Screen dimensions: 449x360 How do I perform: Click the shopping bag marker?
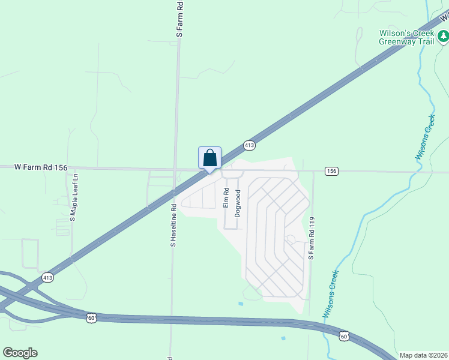click(209, 158)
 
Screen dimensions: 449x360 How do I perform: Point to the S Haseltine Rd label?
click(173, 226)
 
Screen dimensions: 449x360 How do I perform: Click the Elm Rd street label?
click(226, 198)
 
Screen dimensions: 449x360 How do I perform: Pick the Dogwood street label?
click(238, 203)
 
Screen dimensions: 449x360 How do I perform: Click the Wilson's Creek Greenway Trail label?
click(405, 37)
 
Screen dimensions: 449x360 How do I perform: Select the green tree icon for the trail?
click(443, 37)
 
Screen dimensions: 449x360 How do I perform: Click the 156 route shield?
click(331, 171)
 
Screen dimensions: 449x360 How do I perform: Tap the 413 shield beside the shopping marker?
click(250, 145)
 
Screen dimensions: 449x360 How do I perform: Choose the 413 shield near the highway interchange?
click(48, 277)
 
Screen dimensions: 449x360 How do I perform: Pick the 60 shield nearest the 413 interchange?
click(91, 317)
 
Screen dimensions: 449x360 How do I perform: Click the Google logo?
click(20, 352)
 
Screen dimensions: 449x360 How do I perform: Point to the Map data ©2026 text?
click(423, 355)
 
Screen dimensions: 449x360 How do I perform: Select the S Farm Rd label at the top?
click(179, 20)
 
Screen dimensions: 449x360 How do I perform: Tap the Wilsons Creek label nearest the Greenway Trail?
click(426, 137)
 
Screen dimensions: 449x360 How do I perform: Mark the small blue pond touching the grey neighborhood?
click(241, 304)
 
